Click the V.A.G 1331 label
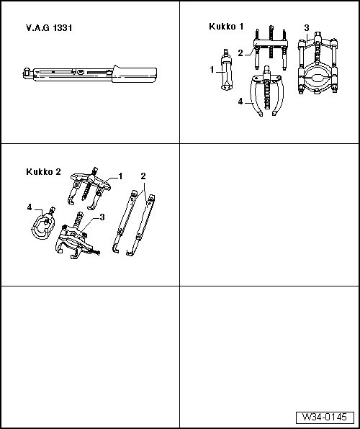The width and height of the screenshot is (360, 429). click(48, 28)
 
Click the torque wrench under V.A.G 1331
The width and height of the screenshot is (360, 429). click(89, 73)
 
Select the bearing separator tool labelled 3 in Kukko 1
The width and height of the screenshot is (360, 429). click(318, 68)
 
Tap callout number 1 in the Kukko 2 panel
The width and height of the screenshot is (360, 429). click(120, 176)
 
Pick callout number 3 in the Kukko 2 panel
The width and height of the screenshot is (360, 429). click(103, 217)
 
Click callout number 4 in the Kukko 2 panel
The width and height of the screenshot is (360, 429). click(30, 208)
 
